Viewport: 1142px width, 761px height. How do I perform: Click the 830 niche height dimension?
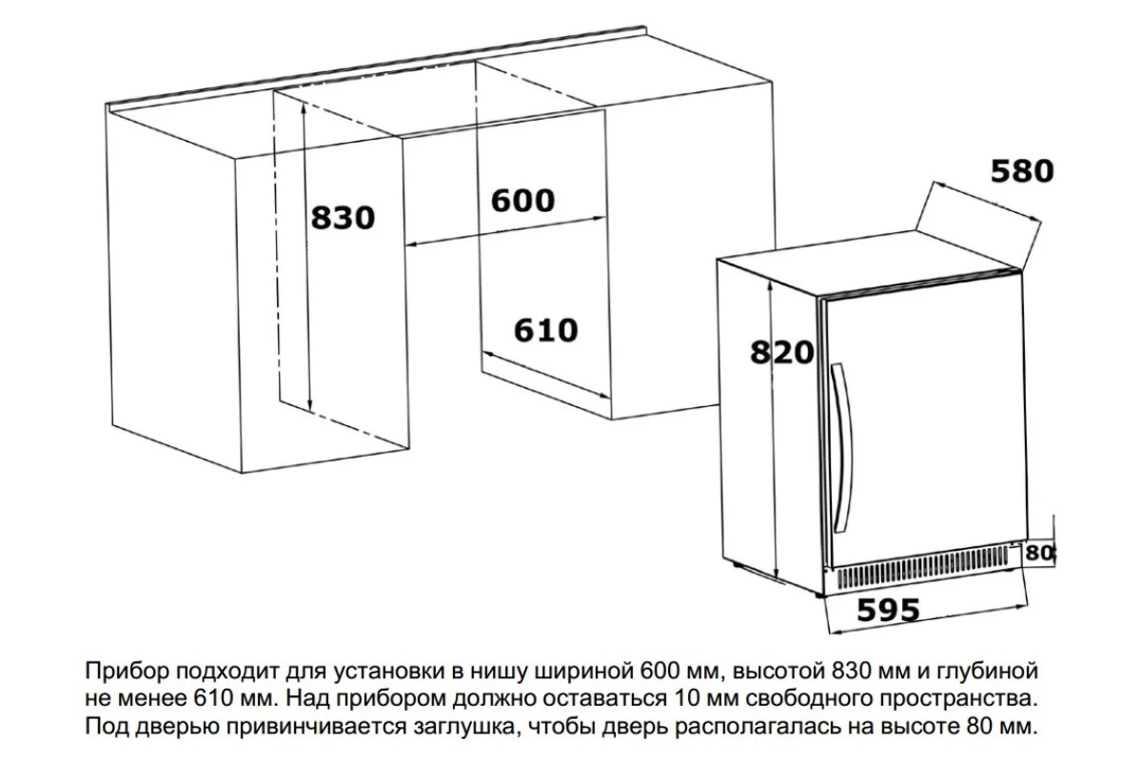[x=343, y=218]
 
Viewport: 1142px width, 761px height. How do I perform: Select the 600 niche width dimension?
[x=522, y=201]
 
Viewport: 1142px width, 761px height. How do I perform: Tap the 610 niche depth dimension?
[x=545, y=330]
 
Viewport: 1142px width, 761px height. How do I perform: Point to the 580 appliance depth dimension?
[x=1022, y=171]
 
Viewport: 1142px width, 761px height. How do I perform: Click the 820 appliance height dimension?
[x=781, y=352]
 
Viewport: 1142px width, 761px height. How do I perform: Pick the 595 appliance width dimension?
[x=889, y=610]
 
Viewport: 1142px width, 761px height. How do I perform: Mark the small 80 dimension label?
[x=1039, y=553]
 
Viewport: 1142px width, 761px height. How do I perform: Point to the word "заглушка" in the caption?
[x=465, y=727]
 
